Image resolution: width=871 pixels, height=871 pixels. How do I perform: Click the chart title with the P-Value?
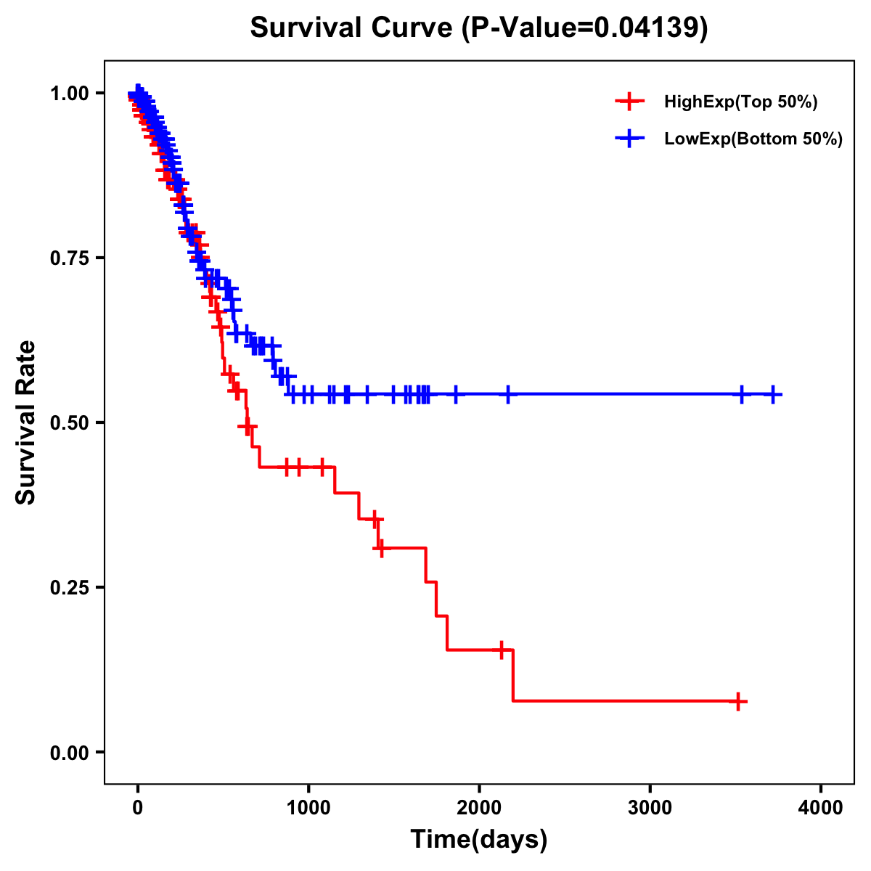click(479, 28)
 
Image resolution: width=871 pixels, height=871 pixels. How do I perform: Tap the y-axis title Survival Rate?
click(26, 422)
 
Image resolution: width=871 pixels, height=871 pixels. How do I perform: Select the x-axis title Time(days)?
click(479, 839)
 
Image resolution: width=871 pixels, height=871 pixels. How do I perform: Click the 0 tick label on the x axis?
click(138, 808)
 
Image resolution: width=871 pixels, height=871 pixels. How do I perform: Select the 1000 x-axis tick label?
click(308, 808)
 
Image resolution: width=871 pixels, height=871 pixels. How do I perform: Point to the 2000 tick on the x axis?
click(479, 808)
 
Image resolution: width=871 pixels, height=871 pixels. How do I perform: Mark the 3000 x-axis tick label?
click(650, 808)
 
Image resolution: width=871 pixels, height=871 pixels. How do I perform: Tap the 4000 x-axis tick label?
click(821, 808)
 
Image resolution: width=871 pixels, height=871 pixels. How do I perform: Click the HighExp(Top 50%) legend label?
click(741, 102)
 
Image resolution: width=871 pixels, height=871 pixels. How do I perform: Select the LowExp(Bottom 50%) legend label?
click(753, 139)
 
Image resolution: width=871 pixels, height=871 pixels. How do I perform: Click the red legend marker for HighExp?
click(629, 102)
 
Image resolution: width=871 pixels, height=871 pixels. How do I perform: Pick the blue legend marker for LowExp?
click(629, 139)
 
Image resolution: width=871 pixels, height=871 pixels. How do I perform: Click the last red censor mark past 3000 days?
click(738, 702)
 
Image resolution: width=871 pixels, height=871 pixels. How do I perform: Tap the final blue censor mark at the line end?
click(774, 394)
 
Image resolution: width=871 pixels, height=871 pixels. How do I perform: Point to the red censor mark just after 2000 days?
click(501, 650)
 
